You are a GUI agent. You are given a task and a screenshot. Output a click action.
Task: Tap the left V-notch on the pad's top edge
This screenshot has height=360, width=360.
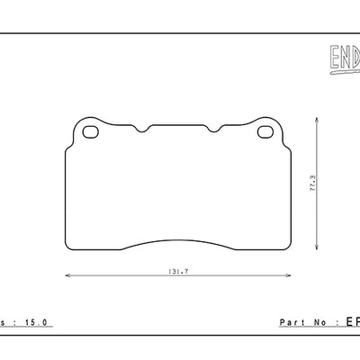tap(140, 131)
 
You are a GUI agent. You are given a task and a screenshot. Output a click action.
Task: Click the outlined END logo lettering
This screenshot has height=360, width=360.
tap(339, 59)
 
